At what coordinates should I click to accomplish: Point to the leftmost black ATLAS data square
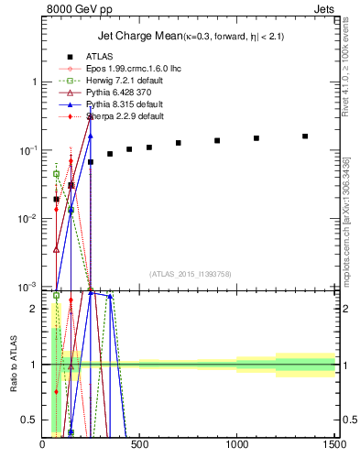click(x=56, y=199)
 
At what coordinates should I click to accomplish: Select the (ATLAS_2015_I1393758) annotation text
click(x=189, y=272)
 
